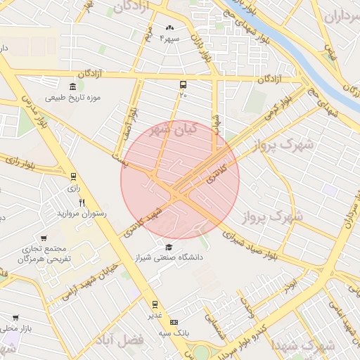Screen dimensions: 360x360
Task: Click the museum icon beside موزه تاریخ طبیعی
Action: click(52, 86)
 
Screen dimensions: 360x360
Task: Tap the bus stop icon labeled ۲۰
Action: click(184, 84)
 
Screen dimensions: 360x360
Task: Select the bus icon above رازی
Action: click(73, 176)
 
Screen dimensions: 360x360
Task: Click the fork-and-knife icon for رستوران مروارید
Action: click(82, 202)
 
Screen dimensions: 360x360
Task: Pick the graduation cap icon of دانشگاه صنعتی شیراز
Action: click(169, 247)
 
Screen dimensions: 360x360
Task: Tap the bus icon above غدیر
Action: click(155, 304)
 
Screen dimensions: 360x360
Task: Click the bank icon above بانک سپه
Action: click(175, 321)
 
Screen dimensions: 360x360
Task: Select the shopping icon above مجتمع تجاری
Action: click(44, 238)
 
